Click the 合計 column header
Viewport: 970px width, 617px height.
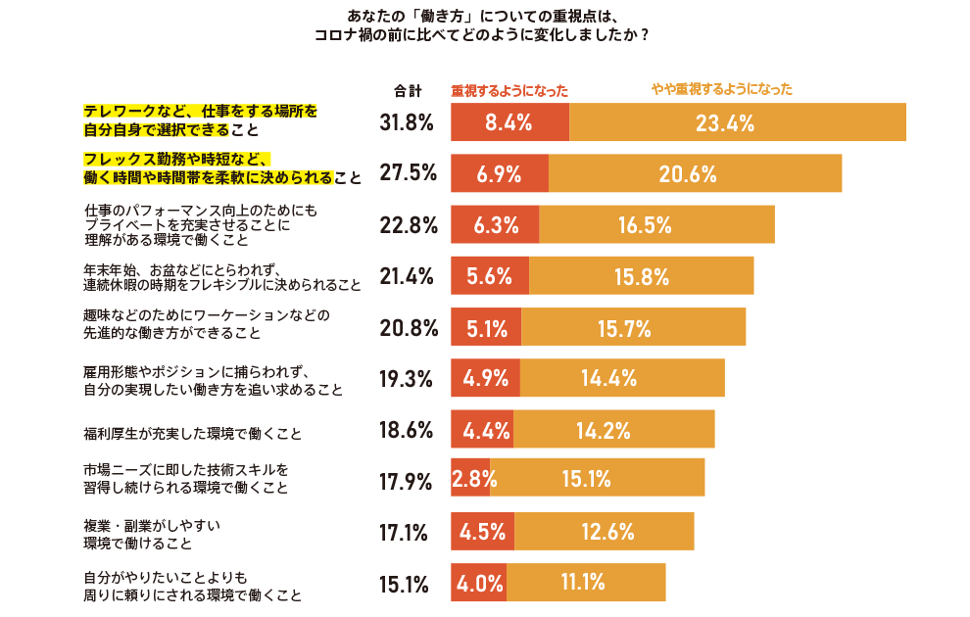click(x=407, y=91)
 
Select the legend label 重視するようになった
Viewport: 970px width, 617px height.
click(x=509, y=90)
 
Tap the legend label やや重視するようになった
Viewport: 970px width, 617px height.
click(x=722, y=89)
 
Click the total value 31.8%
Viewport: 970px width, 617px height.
click(x=407, y=122)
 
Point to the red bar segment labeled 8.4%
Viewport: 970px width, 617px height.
click(x=509, y=122)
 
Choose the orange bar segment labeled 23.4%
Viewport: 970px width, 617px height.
click(x=737, y=122)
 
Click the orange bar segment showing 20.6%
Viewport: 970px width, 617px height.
click(x=695, y=173)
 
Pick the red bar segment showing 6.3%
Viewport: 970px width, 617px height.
click(x=495, y=224)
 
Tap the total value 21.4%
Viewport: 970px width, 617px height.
click(x=407, y=276)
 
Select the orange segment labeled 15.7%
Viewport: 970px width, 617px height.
click(x=633, y=327)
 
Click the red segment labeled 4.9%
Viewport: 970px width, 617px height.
click(x=485, y=378)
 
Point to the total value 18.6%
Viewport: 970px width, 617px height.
click(x=407, y=429)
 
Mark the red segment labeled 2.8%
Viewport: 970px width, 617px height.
click(x=471, y=479)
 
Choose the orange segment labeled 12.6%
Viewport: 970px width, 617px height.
click(x=604, y=532)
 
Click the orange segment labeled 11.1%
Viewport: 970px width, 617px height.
click(x=585, y=583)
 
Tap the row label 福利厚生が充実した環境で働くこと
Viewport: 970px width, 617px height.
click(x=192, y=431)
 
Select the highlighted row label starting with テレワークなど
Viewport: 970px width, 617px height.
click(x=201, y=120)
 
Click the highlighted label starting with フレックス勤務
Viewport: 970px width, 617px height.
click(x=221, y=168)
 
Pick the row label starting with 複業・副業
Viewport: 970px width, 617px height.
click(x=151, y=534)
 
